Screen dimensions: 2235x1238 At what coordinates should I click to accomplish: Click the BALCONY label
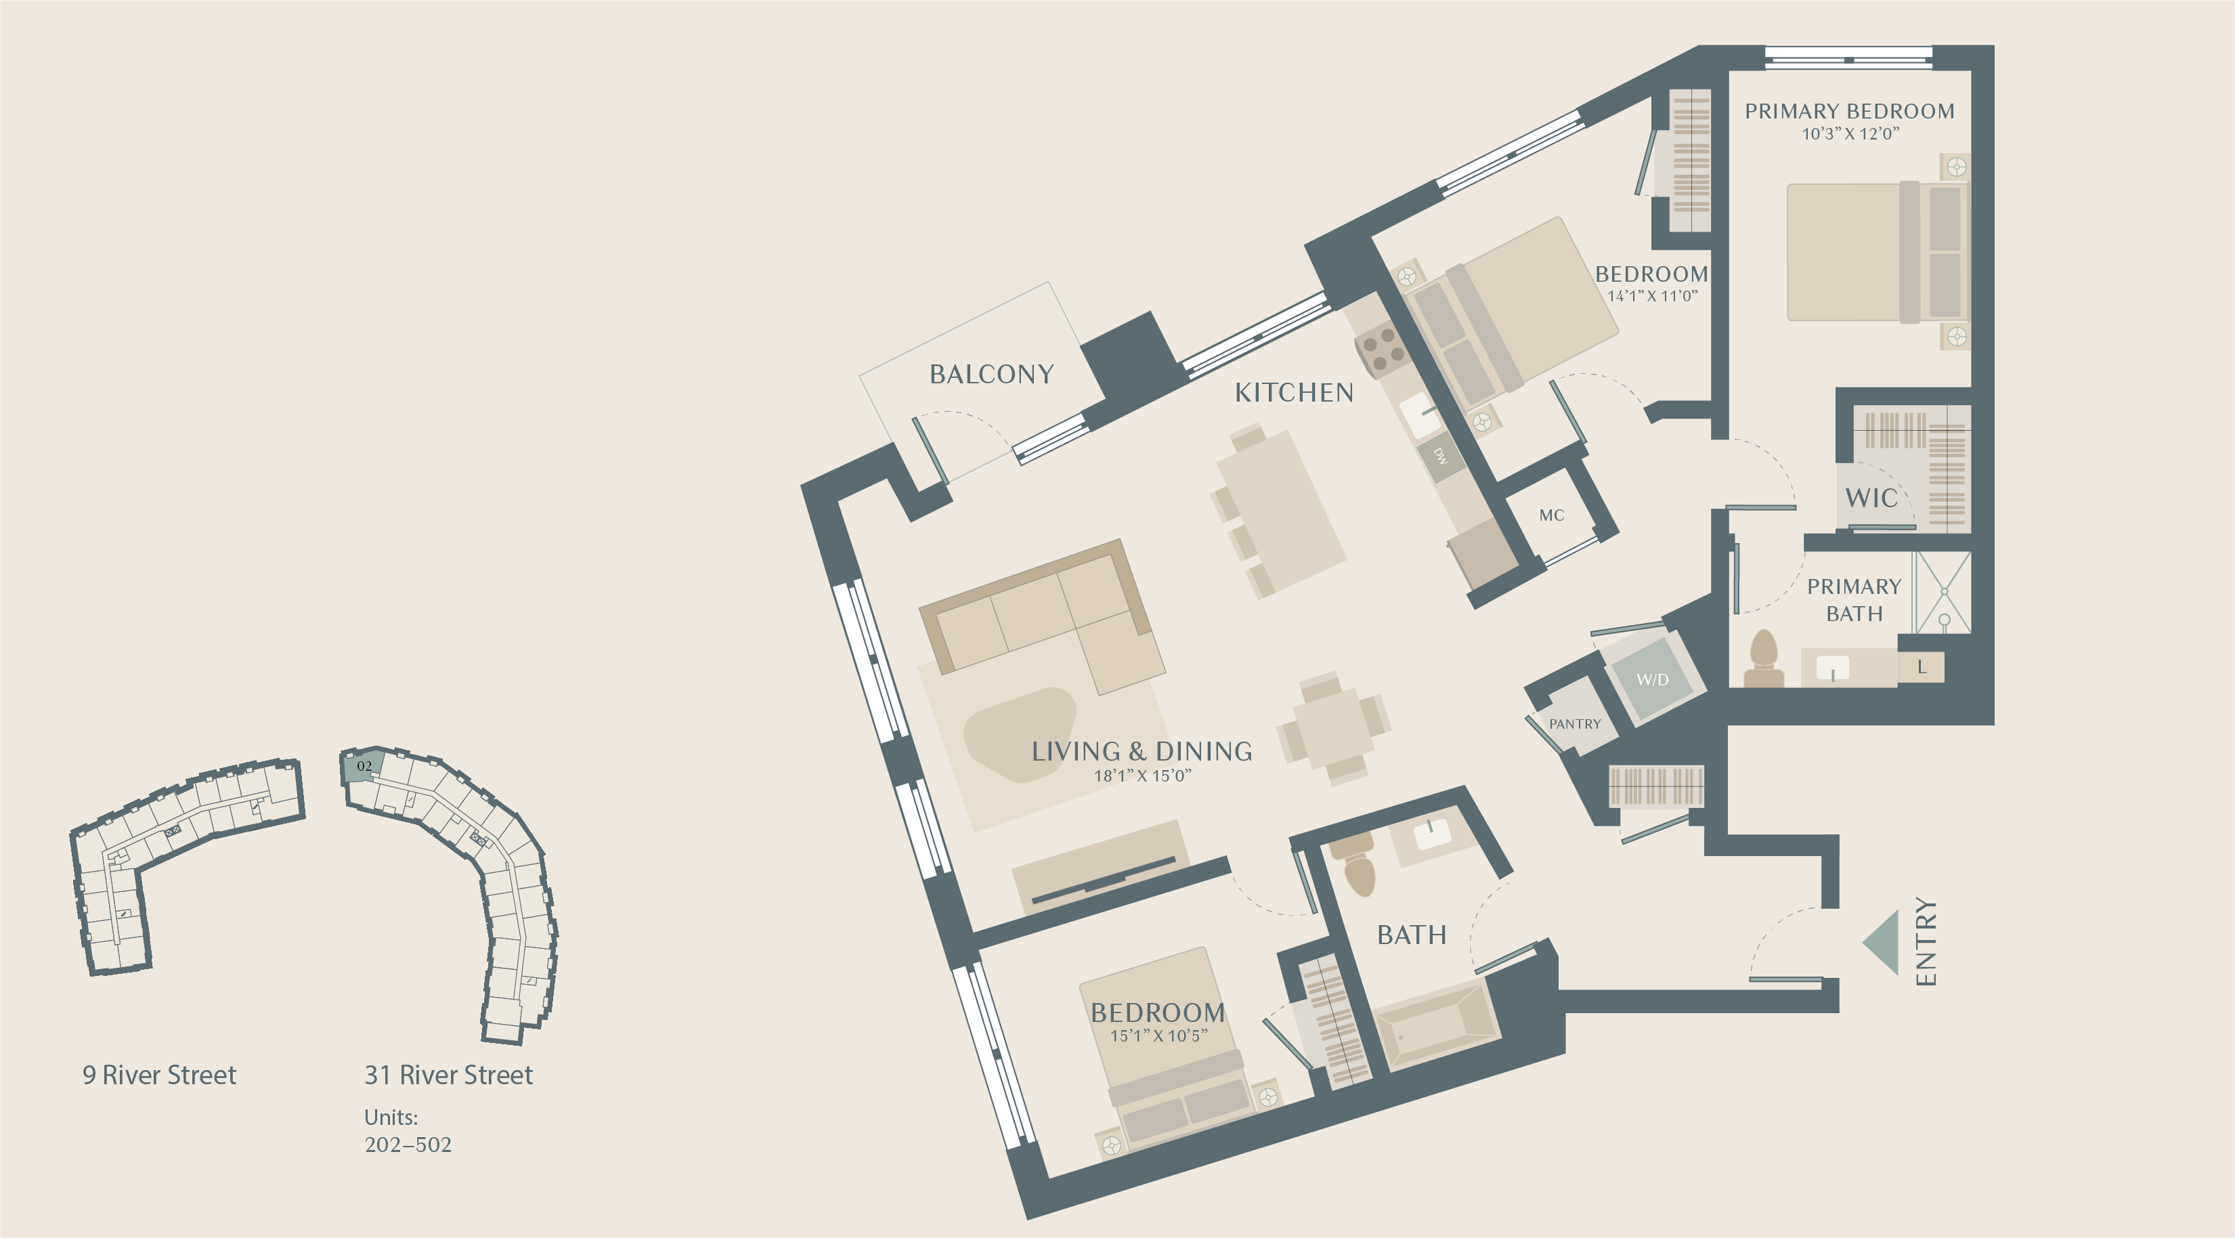click(x=992, y=374)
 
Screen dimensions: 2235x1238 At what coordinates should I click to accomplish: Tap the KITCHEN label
click(x=1294, y=393)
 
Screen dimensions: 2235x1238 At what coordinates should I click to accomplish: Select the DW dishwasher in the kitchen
click(x=1440, y=456)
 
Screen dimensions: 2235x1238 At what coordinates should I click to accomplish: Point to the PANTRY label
click(x=1575, y=723)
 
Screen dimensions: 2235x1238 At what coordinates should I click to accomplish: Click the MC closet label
click(x=1551, y=515)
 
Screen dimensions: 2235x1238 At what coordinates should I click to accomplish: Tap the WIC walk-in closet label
click(x=1871, y=498)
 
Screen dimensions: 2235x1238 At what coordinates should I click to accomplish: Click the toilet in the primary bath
click(x=1763, y=658)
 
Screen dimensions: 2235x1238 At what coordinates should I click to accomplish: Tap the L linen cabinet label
click(x=1921, y=667)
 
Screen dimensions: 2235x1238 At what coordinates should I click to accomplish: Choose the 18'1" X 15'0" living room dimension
click(x=1142, y=775)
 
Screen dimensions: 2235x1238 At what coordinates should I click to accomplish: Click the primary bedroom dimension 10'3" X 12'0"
click(x=1850, y=133)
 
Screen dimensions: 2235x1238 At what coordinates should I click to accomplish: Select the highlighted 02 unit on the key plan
click(x=363, y=766)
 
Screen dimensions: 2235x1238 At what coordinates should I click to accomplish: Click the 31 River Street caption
click(x=449, y=1075)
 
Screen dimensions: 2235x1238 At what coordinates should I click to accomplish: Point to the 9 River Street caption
click(x=159, y=1075)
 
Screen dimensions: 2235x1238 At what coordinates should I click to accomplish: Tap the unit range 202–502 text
click(x=408, y=1145)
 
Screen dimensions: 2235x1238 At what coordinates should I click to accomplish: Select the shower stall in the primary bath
click(x=1943, y=592)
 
